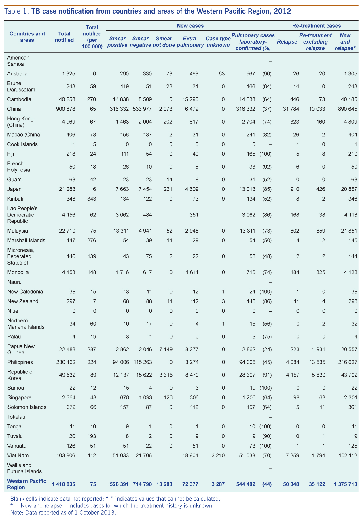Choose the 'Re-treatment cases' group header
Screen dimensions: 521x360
click(x=317, y=26)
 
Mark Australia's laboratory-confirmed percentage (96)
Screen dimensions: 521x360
click(x=267, y=73)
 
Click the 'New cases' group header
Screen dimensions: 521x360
click(x=190, y=26)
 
